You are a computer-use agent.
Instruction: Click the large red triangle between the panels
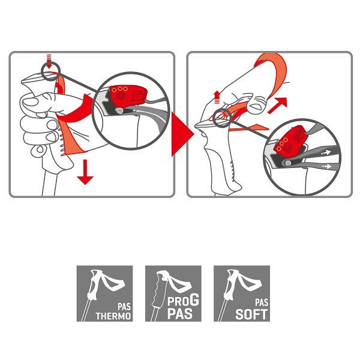[x=181, y=134]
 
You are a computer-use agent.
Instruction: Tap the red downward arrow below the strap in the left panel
[x=85, y=172]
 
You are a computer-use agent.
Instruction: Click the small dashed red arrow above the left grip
[x=49, y=61]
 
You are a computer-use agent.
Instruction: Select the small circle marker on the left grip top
[x=51, y=71]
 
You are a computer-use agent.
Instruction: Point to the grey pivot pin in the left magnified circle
[x=119, y=110]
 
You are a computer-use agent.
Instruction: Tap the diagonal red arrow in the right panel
[x=278, y=105]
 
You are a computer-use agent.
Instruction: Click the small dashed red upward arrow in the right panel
[x=217, y=97]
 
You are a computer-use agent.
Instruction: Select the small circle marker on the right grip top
[x=221, y=118]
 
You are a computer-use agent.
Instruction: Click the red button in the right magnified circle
[x=290, y=139]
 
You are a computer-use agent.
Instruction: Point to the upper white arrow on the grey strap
[x=326, y=152]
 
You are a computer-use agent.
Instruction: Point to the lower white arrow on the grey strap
[x=326, y=166]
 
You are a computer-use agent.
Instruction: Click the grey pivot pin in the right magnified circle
[x=288, y=163]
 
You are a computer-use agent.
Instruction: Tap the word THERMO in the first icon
[x=113, y=316]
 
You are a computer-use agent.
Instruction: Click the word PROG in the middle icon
[x=183, y=300]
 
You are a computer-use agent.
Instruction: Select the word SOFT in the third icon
[x=251, y=314]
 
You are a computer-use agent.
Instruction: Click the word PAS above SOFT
[x=262, y=302]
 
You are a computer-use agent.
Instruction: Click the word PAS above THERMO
[x=124, y=307]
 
